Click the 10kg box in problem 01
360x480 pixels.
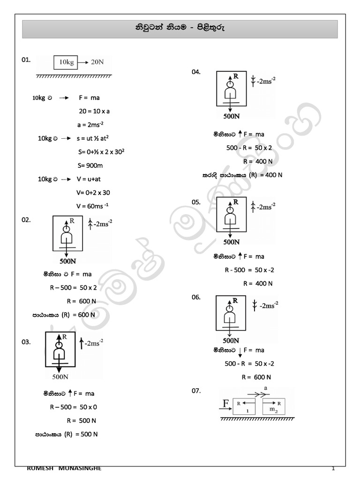point(66,62)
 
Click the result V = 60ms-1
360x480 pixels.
point(93,206)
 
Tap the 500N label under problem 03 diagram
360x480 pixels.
point(61,376)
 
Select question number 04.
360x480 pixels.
point(196,71)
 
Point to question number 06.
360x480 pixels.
point(196,297)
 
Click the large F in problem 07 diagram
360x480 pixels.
point(226,403)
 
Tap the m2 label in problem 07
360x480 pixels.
point(273,409)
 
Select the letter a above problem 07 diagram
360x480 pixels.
point(266,388)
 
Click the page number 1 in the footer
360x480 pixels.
point(333,468)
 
